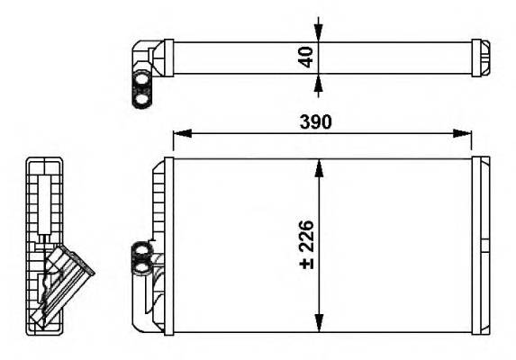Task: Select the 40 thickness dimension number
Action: pyautogui.click(x=305, y=56)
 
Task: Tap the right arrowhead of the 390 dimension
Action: pyautogui.click(x=465, y=134)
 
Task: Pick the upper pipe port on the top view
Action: pyautogui.click(x=142, y=79)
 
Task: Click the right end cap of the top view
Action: pyautogui.click(x=482, y=56)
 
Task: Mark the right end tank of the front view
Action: pyautogui.click(x=482, y=245)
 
